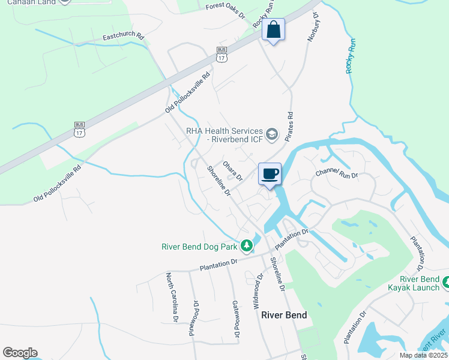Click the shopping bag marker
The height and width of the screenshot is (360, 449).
[x=273, y=30]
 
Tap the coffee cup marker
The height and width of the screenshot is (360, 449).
[x=270, y=174]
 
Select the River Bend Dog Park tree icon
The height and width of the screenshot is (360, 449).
[x=246, y=245]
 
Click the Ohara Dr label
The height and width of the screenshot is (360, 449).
[x=232, y=170]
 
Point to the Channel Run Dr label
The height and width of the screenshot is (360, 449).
[x=337, y=175]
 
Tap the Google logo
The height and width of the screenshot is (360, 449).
[x=20, y=353]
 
